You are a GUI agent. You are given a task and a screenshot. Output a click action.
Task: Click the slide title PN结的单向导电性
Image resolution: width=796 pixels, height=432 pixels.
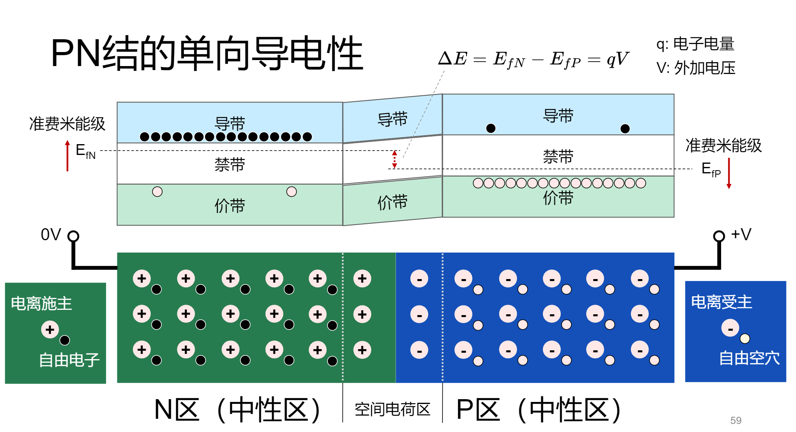[x=207, y=53]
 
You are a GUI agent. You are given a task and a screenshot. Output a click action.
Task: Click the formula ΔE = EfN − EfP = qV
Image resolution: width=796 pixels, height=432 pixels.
[x=533, y=59]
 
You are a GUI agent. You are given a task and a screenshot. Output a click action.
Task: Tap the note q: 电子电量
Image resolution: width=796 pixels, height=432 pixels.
[x=695, y=44]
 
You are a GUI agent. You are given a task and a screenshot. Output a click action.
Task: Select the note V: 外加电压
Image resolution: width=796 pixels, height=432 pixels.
[x=696, y=68]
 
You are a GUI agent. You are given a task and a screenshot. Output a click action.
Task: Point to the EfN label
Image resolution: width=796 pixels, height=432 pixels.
[x=86, y=152]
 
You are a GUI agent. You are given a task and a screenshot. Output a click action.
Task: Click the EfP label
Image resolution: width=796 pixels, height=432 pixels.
[x=711, y=169]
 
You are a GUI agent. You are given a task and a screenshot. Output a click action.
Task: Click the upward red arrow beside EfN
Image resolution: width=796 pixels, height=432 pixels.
[x=67, y=156]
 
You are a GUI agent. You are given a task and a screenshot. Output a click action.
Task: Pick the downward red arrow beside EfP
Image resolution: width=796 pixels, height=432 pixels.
[x=729, y=173]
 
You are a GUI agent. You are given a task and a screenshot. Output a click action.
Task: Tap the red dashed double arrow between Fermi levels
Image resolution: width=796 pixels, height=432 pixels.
[x=394, y=159]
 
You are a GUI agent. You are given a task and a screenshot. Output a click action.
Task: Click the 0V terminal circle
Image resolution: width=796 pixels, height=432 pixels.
[x=73, y=236]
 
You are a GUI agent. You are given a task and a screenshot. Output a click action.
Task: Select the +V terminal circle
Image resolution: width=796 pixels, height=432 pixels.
[x=719, y=236]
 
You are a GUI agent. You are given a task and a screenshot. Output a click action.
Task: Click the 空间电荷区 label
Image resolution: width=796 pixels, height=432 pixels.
[x=392, y=409]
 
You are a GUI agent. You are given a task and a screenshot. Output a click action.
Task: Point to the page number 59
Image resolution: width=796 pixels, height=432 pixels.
[x=736, y=420]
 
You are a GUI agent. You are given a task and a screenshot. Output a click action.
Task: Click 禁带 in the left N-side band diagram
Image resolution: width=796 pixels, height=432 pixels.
[x=230, y=165]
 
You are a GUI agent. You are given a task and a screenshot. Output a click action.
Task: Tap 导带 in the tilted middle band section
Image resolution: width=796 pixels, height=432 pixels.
[x=392, y=119]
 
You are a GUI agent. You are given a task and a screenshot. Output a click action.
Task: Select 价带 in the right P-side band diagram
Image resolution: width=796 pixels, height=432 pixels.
[x=558, y=198]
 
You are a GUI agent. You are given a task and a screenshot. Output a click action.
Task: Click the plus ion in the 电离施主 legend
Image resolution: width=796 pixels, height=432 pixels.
[x=50, y=330]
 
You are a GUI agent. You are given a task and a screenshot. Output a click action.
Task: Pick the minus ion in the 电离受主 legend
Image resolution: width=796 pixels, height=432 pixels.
[x=730, y=328]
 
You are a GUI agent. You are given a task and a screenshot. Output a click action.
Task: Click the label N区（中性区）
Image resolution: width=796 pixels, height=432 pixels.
[x=238, y=410]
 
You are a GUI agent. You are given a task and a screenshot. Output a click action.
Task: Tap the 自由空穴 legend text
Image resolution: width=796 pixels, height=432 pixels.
[x=749, y=358]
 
